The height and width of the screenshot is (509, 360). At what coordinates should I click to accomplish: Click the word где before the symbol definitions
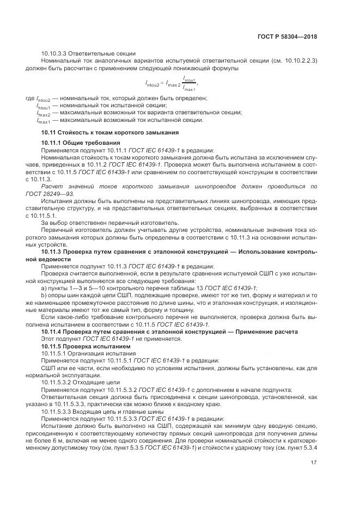coord(29,98)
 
